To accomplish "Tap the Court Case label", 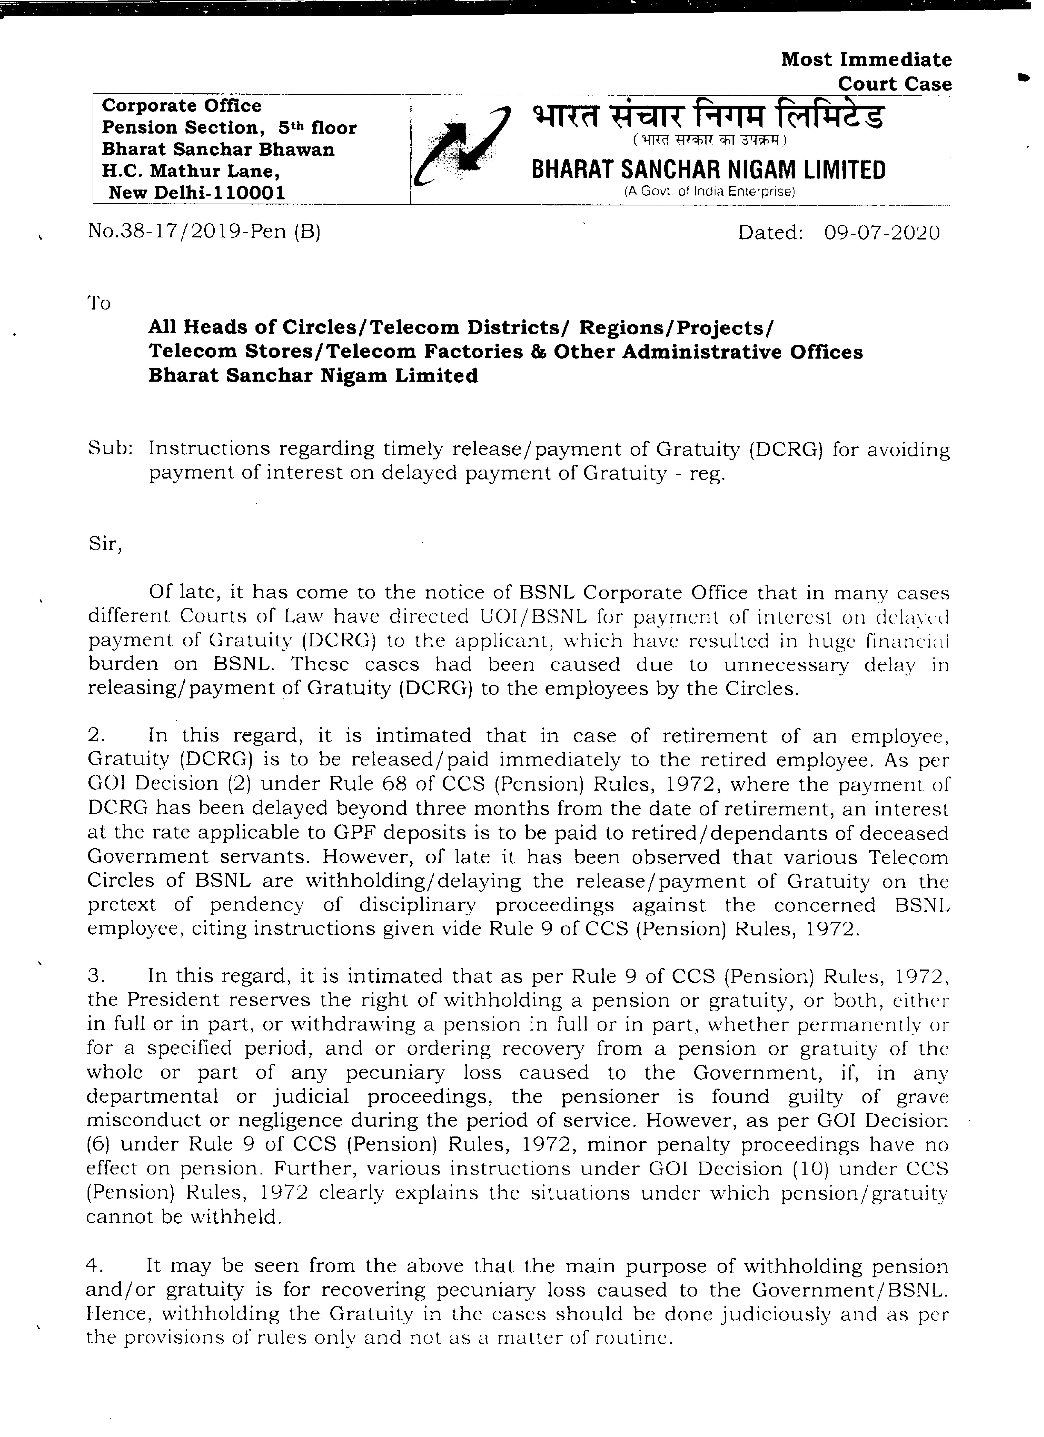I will click(x=894, y=84).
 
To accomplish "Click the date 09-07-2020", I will click(x=882, y=233).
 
